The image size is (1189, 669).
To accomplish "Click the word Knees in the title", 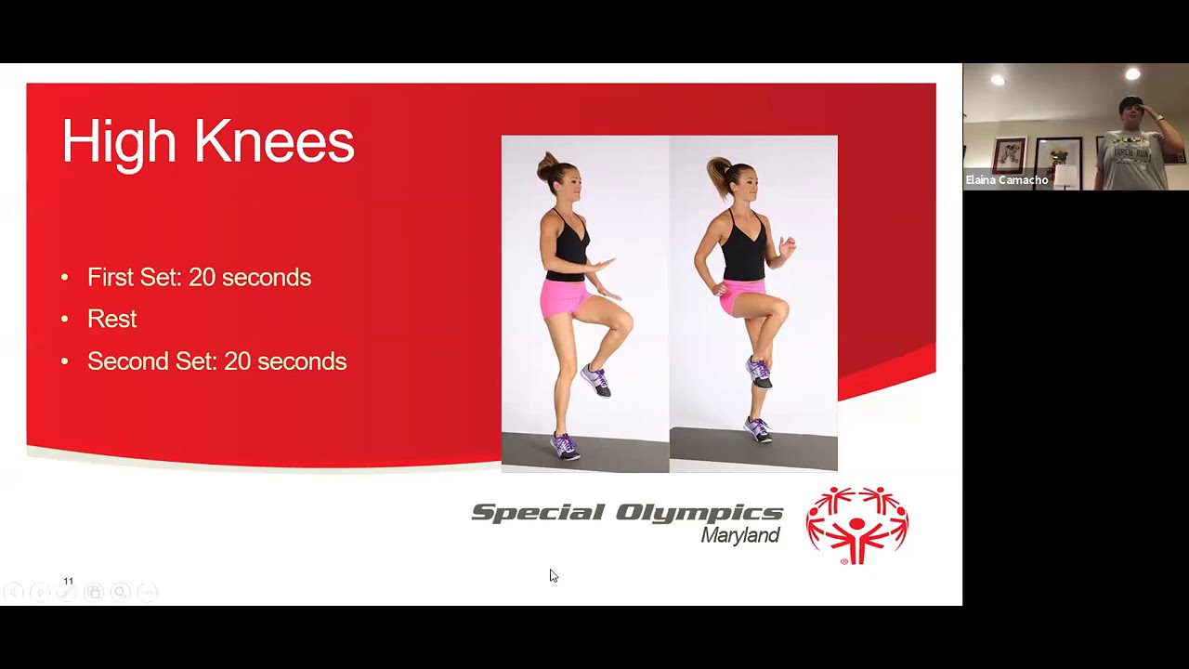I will click(274, 142).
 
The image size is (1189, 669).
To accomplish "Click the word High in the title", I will click(118, 142).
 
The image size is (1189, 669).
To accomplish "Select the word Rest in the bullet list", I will click(111, 320).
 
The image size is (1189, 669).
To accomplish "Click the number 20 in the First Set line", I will click(202, 278).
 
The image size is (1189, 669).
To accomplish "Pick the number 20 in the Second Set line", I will click(237, 361).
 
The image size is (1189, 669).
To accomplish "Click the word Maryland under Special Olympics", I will click(739, 536).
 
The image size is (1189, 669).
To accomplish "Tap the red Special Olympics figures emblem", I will click(856, 525).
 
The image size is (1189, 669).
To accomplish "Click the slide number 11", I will click(68, 581).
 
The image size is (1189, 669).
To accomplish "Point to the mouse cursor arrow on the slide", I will click(553, 575).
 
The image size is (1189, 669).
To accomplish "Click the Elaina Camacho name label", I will click(1007, 180).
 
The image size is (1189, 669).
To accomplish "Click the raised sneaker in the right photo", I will click(759, 372).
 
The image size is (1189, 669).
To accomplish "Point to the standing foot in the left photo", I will click(564, 447).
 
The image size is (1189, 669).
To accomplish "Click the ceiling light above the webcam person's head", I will click(1132, 74).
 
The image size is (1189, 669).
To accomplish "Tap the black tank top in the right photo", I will click(746, 246).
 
